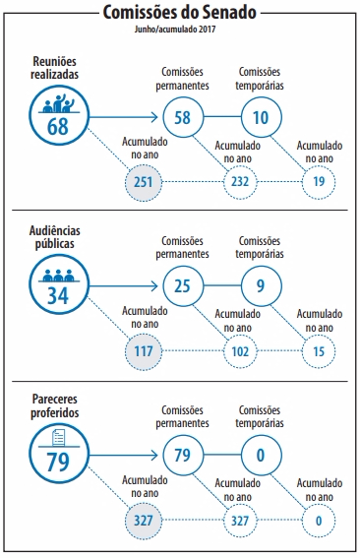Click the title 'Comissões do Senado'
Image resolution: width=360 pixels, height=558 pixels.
pyautogui.click(x=180, y=13)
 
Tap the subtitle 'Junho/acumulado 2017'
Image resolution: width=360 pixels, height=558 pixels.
pyautogui.click(x=175, y=30)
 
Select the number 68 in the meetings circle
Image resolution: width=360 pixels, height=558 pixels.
pyautogui.click(x=58, y=126)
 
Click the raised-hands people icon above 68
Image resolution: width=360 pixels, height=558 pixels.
pyautogui.click(x=59, y=103)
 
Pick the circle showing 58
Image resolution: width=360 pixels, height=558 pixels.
pyautogui.click(x=183, y=117)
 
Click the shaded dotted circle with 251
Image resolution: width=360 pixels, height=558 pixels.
pyautogui.click(x=144, y=182)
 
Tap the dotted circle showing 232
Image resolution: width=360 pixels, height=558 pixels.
pyautogui.click(x=240, y=182)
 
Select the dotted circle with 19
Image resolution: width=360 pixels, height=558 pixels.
pyautogui.click(x=319, y=182)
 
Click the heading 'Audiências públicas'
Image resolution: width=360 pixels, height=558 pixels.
pyautogui.click(x=55, y=237)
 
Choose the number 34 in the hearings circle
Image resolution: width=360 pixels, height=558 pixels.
pyautogui.click(x=58, y=295)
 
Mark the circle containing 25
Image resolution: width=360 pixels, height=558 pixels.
pyautogui.click(x=183, y=286)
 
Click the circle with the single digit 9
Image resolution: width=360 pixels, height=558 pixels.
pyautogui.click(x=261, y=286)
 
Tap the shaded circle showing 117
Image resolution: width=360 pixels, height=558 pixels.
pyautogui.click(x=144, y=351)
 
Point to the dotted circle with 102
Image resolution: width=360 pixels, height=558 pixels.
pyautogui.click(x=240, y=351)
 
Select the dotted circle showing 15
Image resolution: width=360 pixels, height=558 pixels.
pyautogui.click(x=319, y=351)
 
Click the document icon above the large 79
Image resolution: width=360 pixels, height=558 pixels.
pyautogui.click(x=59, y=438)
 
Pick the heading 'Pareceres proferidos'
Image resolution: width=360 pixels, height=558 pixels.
pyautogui.click(x=55, y=406)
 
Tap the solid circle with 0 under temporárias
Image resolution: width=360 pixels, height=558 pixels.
pyautogui.click(x=261, y=455)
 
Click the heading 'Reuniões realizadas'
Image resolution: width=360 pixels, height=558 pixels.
pyautogui.click(x=55, y=68)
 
